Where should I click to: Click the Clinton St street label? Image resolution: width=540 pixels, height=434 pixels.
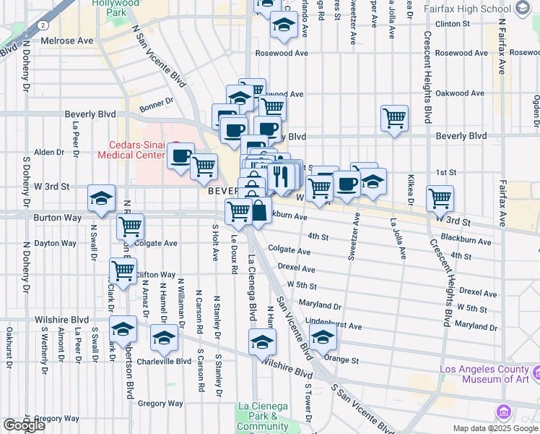coord(453,24)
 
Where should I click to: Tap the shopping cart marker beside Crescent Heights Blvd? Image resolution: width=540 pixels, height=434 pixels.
coord(440,197)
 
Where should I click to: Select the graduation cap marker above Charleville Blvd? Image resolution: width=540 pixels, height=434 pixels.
coord(165,337)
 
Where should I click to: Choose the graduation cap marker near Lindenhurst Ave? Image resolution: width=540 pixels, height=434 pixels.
coord(323,336)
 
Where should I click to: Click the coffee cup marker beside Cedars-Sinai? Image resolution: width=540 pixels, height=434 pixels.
coord(180,155)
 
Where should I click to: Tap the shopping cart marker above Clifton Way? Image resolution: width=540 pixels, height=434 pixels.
coord(123,271)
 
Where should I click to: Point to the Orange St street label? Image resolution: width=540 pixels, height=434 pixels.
coord(341,359)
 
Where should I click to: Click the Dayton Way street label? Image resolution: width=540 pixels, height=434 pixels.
coord(56,244)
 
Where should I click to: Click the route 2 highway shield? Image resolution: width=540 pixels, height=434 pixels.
coord(45,25)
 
